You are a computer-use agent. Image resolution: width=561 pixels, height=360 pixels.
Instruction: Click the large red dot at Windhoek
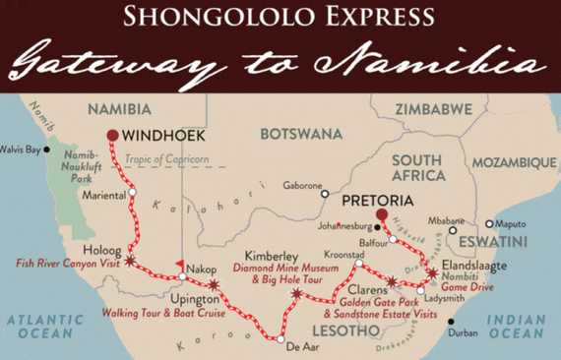coord(113,136)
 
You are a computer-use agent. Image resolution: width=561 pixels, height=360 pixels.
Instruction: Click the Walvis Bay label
coord(23,150)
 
